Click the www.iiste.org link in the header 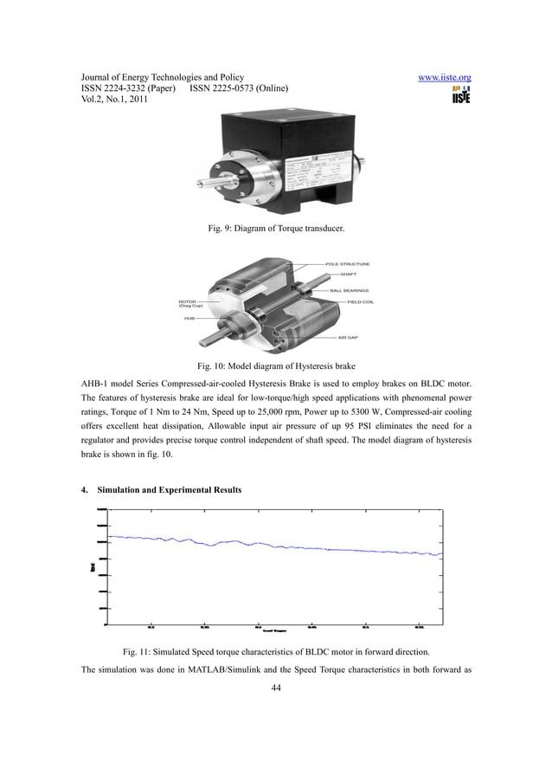(x=444, y=77)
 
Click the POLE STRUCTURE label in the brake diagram (x=348, y=263)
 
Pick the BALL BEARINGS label (x=350, y=290)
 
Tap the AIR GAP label (x=349, y=337)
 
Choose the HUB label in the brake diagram (x=189, y=318)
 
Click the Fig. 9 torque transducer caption (x=275, y=228)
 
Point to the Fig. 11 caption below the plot (x=276, y=650)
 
